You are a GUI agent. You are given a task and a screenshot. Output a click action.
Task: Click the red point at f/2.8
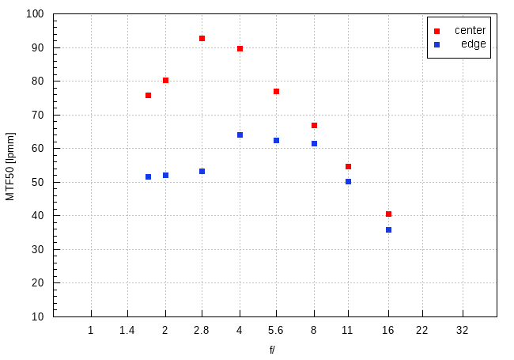[202, 38]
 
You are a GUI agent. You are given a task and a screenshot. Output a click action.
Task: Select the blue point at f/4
[240, 135]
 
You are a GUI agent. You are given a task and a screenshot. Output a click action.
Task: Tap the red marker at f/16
[388, 214]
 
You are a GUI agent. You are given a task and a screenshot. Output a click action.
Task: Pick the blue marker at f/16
[388, 229]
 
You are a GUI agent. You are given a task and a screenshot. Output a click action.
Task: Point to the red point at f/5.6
[277, 91]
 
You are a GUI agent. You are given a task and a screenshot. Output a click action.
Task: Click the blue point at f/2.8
[202, 171]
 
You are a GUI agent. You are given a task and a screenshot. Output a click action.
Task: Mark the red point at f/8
[314, 125]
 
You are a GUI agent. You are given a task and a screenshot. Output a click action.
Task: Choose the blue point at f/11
[348, 181]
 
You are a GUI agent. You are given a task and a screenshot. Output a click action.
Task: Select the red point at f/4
[240, 48]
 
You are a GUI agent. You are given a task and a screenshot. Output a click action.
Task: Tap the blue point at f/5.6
[277, 140]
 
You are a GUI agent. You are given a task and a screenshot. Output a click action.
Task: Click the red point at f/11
[348, 166]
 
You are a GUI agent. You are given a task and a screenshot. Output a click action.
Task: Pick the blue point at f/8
[314, 143]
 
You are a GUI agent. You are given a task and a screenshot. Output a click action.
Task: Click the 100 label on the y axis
[36, 14]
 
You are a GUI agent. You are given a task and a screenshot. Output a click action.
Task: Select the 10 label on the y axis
[39, 316]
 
